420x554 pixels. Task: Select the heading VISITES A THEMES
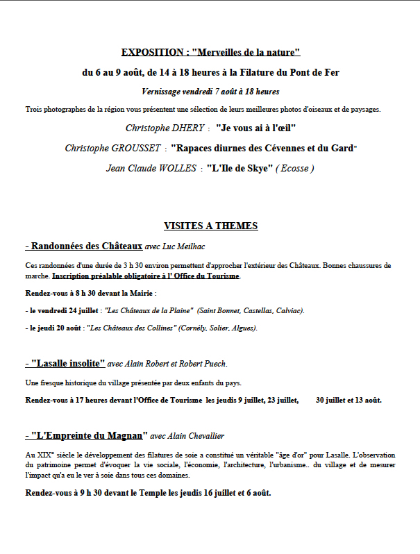(x=210, y=226)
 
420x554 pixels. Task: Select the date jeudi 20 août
(x=60, y=328)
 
